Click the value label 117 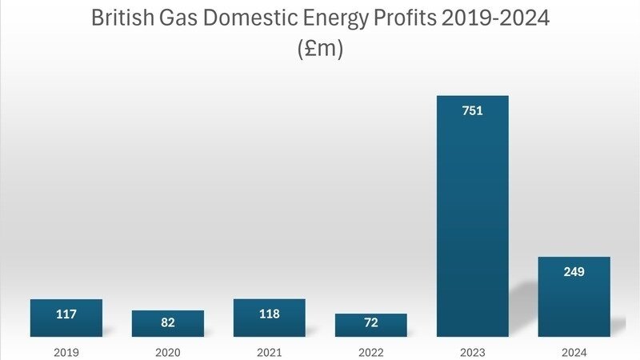[x=66, y=314]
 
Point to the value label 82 [x=168, y=322]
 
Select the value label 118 [x=270, y=314]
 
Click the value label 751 [x=473, y=111]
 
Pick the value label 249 [x=574, y=272]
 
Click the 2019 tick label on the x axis [x=66, y=350]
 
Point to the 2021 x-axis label [x=270, y=350]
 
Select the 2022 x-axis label [x=371, y=350]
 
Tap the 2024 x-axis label [x=574, y=350]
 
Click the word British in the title [x=122, y=18]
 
